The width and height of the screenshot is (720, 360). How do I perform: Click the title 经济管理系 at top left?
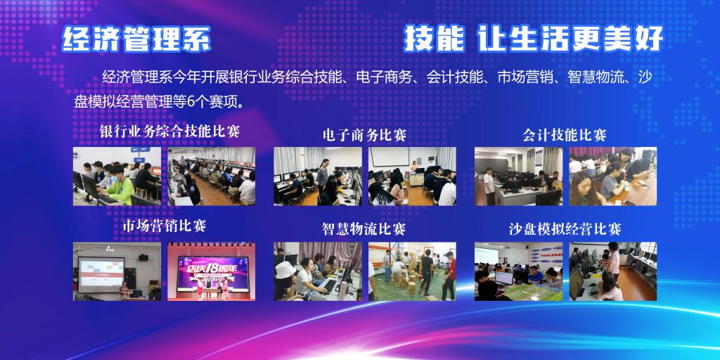[x=136, y=39]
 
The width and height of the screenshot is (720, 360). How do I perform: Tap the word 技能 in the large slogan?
[x=434, y=39]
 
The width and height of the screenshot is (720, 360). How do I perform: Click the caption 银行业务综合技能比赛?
[x=170, y=131]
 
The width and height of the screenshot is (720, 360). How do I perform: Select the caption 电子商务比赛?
[x=365, y=135]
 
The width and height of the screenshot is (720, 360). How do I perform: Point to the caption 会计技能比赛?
[x=565, y=135]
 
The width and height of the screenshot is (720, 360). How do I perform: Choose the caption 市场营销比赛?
[x=165, y=226]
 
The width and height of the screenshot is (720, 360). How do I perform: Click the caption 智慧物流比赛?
[x=364, y=229]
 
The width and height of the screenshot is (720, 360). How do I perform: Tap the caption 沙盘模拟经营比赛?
[x=565, y=229]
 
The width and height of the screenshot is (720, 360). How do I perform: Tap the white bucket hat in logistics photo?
[x=285, y=269]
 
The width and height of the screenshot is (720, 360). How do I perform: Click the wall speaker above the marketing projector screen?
[x=143, y=257]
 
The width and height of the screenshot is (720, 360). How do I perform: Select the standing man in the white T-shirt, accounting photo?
[x=489, y=186]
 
